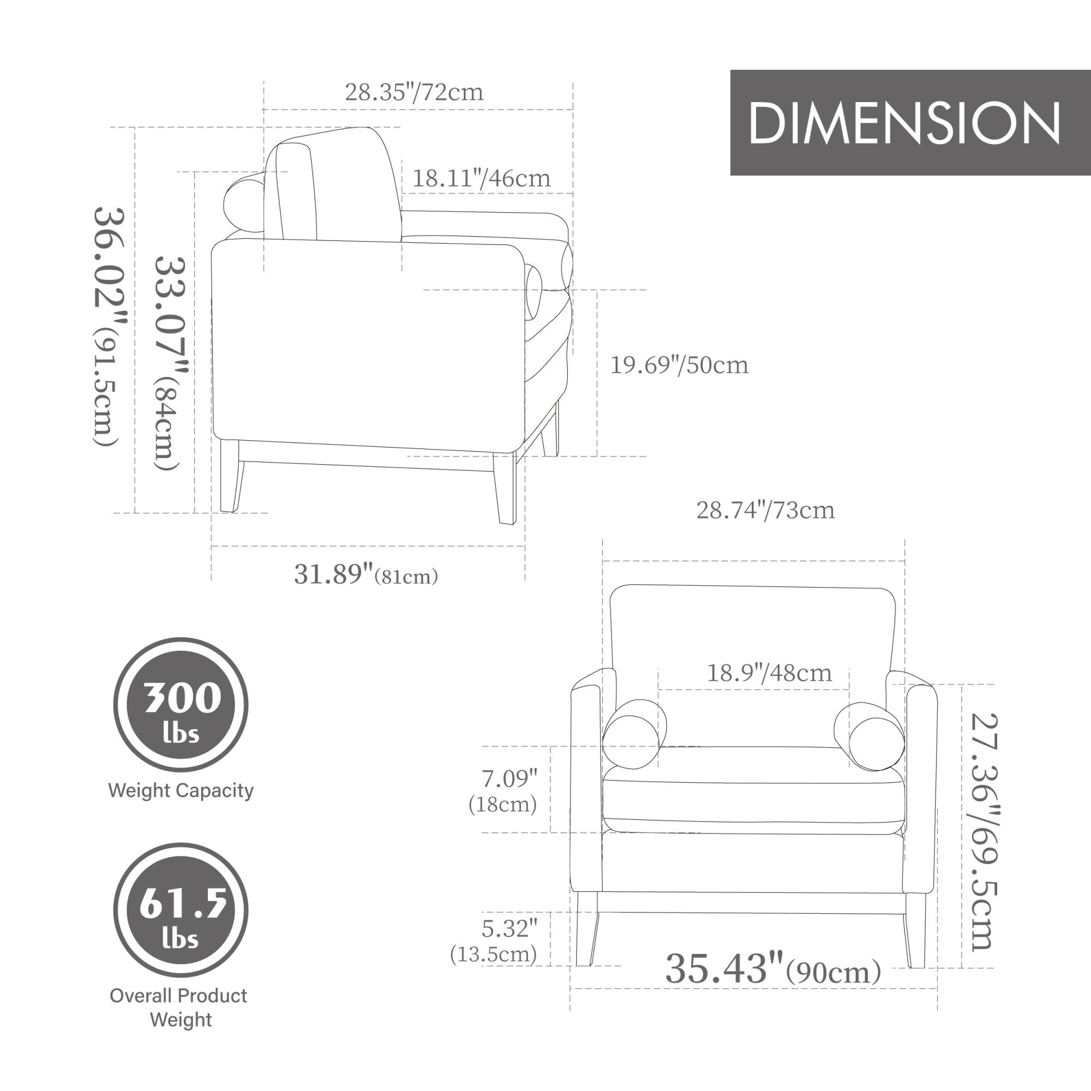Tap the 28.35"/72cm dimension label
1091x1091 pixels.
coord(414,92)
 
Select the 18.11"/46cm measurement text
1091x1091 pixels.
coord(481,178)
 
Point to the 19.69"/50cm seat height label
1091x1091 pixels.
coord(679,365)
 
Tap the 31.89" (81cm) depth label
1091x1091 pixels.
coord(365,575)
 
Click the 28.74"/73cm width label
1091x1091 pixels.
coord(765,510)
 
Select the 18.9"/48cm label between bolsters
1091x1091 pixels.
coord(769,673)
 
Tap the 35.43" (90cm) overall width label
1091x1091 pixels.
coord(772,969)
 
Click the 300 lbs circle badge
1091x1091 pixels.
coord(181,705)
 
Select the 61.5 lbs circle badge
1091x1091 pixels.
coord(181,910)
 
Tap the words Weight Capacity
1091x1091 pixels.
coord(181,790)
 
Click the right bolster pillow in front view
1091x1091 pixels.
coord(870,736)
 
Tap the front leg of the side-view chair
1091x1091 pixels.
coord(506,488)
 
